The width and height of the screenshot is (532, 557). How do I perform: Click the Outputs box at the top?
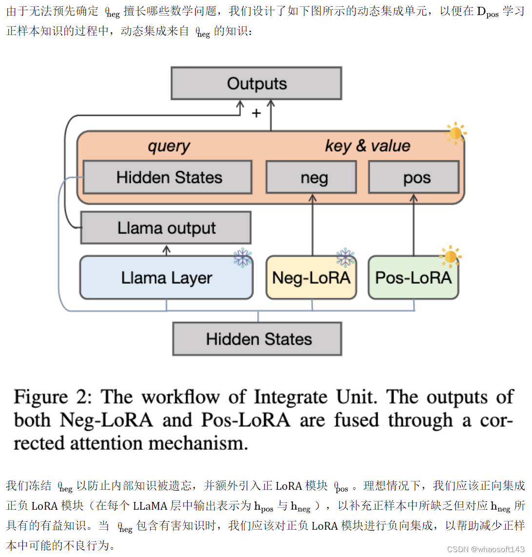click(x=256, y=83)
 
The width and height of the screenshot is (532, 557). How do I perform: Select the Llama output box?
click(x=166, y=228)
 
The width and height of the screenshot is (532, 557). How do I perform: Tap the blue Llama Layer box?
click(x=166, y=278)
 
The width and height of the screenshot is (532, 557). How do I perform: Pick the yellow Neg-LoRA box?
click(x=311, y=278)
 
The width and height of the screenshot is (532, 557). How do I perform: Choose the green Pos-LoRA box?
click(x=413, y=278)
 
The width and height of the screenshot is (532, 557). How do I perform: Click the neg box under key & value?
click(x=311, y=177)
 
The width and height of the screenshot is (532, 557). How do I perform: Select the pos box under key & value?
click(x=414, y=177)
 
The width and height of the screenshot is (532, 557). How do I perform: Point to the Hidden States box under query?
click(x=168, y=177)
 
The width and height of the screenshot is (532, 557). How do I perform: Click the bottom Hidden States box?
click(x=257, y=339)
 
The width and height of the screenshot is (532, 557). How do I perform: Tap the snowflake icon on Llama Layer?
click(x=242, y=257)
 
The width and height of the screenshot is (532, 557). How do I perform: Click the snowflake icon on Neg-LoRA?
click(x=345, y=257)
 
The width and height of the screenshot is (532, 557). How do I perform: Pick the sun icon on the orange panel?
click(x=456, y=133)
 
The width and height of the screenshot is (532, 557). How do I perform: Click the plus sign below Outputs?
click(x=256, y=114)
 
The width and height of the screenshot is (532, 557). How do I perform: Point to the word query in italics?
click(x=169, y=146)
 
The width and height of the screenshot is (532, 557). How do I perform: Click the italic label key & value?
click(x=367, y=146)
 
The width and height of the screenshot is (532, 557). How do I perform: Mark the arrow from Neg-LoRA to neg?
click(x=312, y=224)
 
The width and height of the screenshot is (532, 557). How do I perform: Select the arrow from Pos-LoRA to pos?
click(x=414, y=224)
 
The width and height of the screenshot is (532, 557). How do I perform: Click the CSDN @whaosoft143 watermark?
click(x=485, y=549)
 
